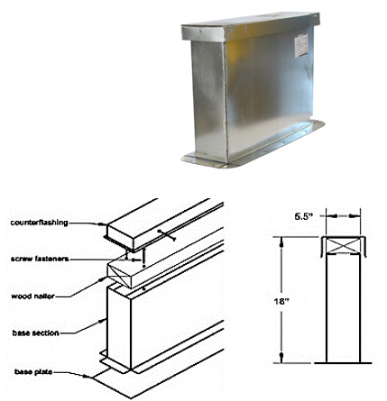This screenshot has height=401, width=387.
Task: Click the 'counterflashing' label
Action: click(39, 223)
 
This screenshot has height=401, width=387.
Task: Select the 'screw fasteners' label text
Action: click(40, 259)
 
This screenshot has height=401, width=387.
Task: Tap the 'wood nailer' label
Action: click(33, 296)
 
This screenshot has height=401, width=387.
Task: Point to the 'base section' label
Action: click(35, 333)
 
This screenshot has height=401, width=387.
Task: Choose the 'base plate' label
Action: click(33, 372)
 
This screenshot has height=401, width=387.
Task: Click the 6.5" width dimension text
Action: click(304, 216)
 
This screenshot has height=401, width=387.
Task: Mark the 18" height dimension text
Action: click(281, 301)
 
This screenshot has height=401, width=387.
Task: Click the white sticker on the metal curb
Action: click(300, 45)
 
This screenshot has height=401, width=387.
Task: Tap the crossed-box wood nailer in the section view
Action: click(344, 246)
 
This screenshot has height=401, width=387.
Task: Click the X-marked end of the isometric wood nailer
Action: click(119, 276)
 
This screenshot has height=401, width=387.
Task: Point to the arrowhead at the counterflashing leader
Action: click(102, 224)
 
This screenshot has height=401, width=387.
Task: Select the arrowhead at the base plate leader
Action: click(86, 376)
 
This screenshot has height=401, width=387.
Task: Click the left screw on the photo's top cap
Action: click(200, 31)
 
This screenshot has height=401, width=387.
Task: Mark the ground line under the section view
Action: click(343, 363)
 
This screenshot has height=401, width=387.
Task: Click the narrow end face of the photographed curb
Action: click(209, 101)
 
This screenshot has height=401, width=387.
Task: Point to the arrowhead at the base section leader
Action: click(103, 321)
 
